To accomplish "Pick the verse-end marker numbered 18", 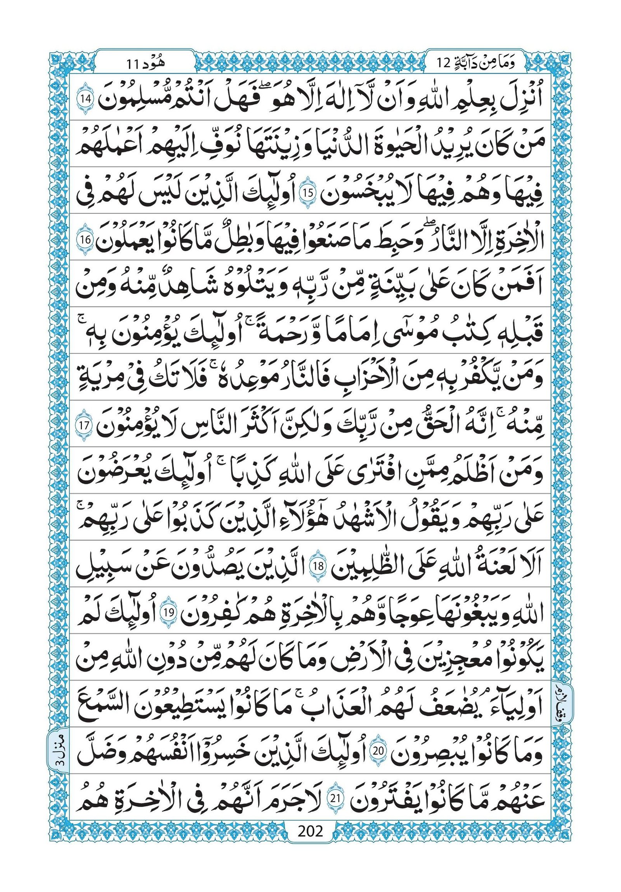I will pos(319,566).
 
